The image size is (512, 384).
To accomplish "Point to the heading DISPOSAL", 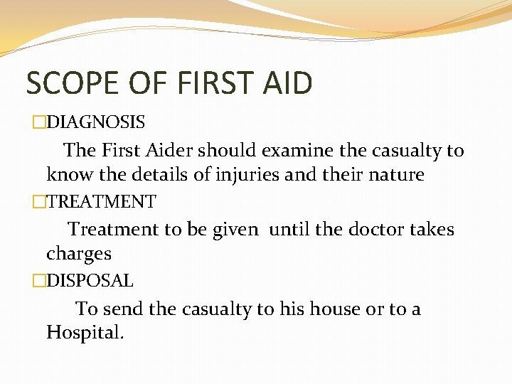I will pos(90,281).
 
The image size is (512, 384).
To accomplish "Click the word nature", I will pos(392,175).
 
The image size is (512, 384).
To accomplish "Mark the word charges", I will pos(78,254).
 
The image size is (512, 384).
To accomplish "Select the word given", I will pos(236,230).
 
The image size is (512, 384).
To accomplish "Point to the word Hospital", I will pos(85,332).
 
